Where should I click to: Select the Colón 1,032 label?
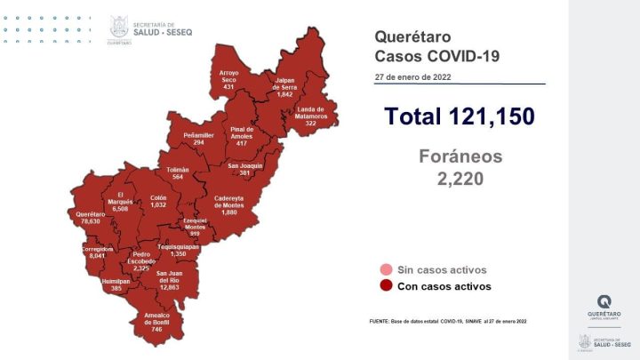point(158,201)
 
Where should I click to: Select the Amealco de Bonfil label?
point(156,323)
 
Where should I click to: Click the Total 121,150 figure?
point(459,116)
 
